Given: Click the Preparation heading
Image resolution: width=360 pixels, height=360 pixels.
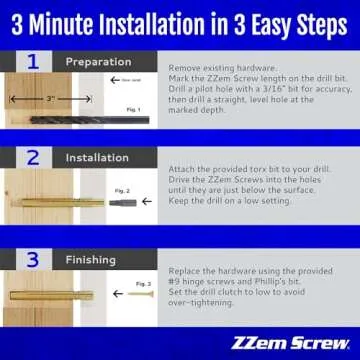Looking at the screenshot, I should (x=98, y=62).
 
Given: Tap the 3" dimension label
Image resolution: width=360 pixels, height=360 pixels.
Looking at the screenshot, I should (x=50, y=100).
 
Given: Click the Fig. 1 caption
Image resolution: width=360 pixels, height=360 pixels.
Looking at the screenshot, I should (x=133, y=120).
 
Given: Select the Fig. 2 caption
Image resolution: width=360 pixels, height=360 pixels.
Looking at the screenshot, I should (x=123, y=190).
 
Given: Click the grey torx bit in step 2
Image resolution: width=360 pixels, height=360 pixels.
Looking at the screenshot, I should (x=121, y=202).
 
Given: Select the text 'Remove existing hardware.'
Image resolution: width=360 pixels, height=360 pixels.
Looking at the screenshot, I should (x=212, y=62).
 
